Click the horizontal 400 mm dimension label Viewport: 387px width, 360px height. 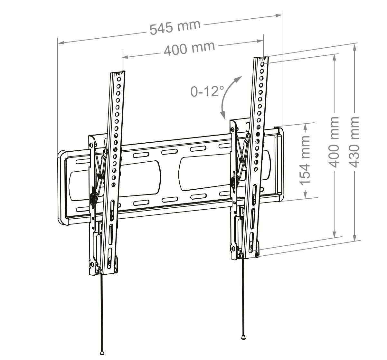click(x=189, y=48)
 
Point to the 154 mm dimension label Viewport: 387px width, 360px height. click(x=305, y=160)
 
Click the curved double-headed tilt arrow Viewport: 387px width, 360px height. click(x=228, y=97)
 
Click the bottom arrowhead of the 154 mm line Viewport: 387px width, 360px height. click(x=305, y=194)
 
